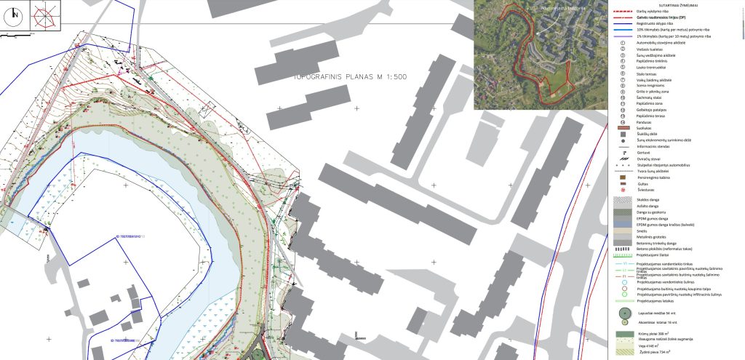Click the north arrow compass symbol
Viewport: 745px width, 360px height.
click(x=15, y=17)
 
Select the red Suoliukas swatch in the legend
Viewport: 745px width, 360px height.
click(x=623, y=128)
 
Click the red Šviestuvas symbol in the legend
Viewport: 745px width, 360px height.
click(x=623, y=190)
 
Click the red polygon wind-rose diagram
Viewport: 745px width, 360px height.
click(x=45, y=17)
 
